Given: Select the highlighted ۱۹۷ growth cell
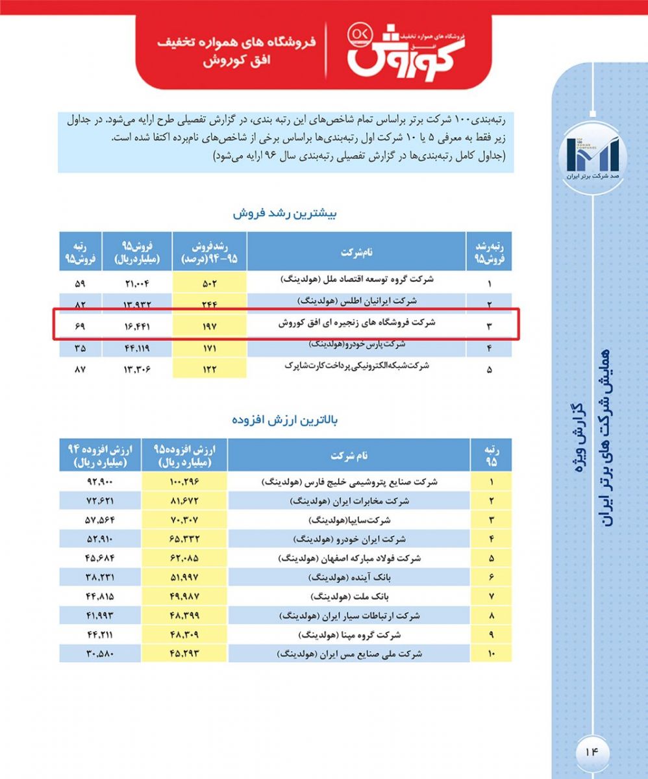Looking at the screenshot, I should (x=210, y=325).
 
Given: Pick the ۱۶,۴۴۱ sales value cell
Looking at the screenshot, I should (x=136, y=325).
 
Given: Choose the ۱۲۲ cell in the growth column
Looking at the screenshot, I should (x=210, y=369).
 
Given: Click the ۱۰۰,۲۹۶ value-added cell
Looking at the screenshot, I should (x=184, y=482).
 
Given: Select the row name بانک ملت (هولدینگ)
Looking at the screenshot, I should (x=349, y=595).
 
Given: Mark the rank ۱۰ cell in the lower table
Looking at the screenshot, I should (x=491, y=653).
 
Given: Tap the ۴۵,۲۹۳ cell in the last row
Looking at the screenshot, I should (x=184, y=653).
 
